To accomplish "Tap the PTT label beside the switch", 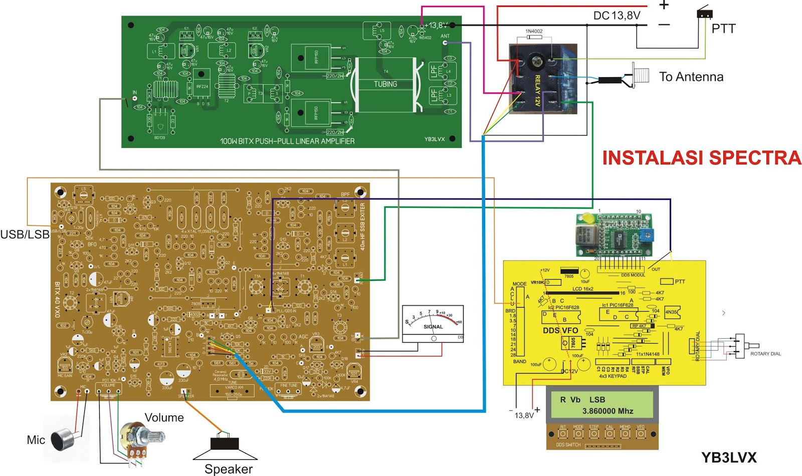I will pyautogui.click(x=723, y=29).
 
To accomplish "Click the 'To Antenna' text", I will pyautogui.click(x=691, y=77).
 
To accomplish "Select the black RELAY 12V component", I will pyautogui.click(x=543, y=79).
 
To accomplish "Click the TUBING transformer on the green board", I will pyautogui.click(x=385, y=85).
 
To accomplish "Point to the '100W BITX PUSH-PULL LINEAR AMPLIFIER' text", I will pyautogui.click(x=287, y=141).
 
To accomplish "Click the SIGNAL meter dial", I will pyautogui.click(x=433, y=323).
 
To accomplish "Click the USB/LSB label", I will pyautogui.click(x=25, y=234).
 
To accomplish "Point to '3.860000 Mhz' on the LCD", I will pyautogui.click(x=608, y=411).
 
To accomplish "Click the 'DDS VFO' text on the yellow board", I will pyautogui.click(x=560, y=331).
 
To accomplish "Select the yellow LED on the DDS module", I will pyautogui.click(x=585, y=219).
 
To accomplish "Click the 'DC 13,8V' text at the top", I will pyautogui.click(x=617, y=16).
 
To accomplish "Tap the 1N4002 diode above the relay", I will pyautogui.click(x=533, y=37).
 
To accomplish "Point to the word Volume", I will pyautogui.click(x=164, y=417).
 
